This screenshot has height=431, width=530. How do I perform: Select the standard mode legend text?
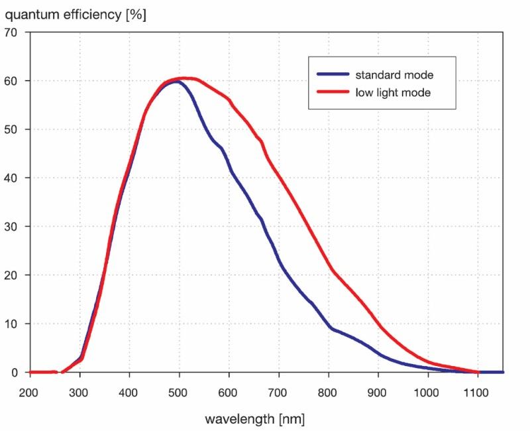pyautogui.click(x=394, y=75)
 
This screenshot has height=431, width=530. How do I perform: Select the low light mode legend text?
pyautogui.click(x=394, y=93)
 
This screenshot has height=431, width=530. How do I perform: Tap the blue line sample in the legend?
pyautogui.click(x=333, y=75)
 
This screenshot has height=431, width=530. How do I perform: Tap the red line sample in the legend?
pyautogui.click(x=333, y=93)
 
